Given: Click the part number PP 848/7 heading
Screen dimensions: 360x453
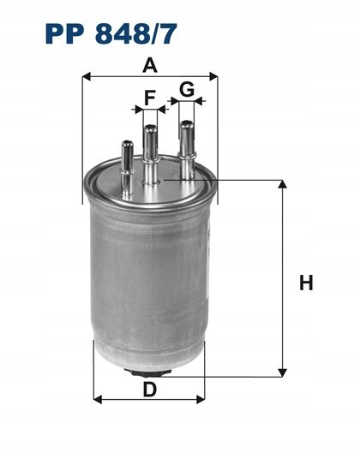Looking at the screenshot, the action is [x=111, y=33].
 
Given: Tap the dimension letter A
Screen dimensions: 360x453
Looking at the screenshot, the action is [x=150, y=65].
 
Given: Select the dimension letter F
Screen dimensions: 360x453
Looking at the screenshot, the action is [x=150, y=98].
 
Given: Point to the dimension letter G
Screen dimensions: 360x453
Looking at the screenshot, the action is [x=187, y=89].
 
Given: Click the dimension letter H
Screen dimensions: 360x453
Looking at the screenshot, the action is [x=306, y=283].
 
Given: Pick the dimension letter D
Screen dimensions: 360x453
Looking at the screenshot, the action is [x=149, y=390].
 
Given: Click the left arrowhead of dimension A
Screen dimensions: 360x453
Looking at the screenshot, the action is [x=87, y=77].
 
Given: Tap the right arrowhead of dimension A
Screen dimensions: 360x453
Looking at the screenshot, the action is [x=213, y=76].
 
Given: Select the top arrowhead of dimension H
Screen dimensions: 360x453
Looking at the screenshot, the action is [x=282, y=184].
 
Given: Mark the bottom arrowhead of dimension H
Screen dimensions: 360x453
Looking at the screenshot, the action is [x=282, y=373].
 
